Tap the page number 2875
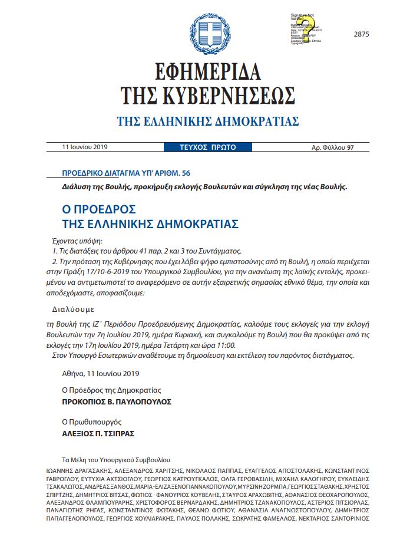(x=361, y=34)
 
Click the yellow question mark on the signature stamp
(x=306, y=26)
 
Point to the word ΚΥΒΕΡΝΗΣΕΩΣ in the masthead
(x=236, y=94)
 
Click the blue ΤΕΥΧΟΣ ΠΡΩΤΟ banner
(x=208, y=147)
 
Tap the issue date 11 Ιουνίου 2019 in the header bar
(x=88, y=147)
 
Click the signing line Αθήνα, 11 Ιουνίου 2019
(x=101, y=373)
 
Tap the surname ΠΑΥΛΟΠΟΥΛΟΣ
(x=138, y=402)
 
